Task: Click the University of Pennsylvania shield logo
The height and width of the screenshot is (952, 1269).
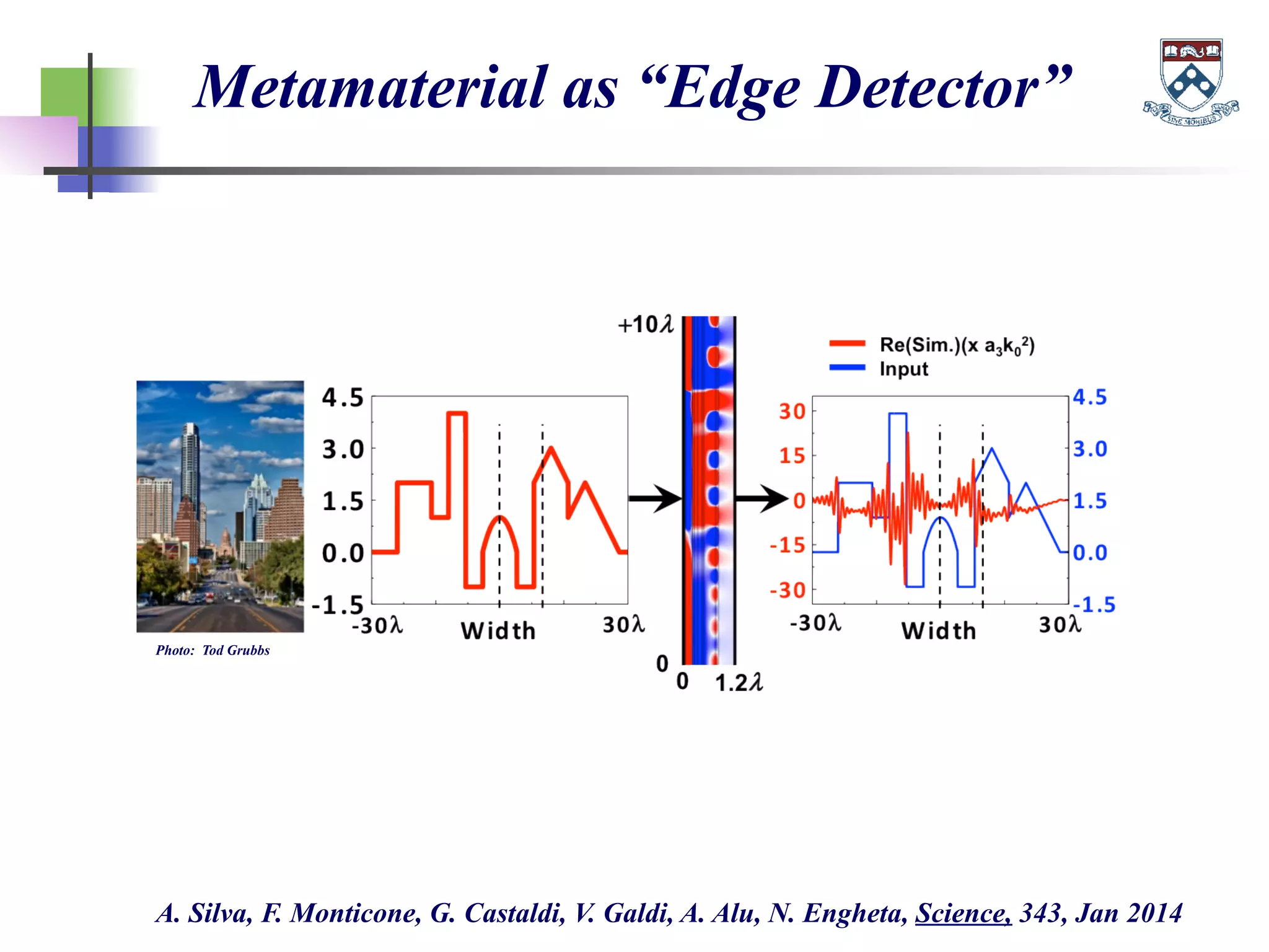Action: coord(1190,81)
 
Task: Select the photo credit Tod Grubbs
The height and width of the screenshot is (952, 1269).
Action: coord(235,650)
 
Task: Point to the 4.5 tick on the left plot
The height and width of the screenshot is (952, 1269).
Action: coord(342,397)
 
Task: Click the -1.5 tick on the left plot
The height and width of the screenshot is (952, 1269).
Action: coord(338,604)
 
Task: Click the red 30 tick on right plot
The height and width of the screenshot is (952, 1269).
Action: coord(792,411)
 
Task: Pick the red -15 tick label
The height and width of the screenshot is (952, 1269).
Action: coord(787,545)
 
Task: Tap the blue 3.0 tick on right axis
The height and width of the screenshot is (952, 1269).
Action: coord(1090,449)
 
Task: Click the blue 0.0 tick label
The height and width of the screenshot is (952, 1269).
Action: coord(1090,552)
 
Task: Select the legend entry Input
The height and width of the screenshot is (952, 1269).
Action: coord(903,369)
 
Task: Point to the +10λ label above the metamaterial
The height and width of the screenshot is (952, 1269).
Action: coord(645,325)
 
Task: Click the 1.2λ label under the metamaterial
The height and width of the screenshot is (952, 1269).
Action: coord(738,683)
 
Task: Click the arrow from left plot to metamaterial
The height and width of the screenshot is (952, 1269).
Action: coord(655,498)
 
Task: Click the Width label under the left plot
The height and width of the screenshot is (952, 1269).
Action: coord(498,631)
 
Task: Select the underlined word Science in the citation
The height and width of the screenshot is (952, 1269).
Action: coord(963,913)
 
